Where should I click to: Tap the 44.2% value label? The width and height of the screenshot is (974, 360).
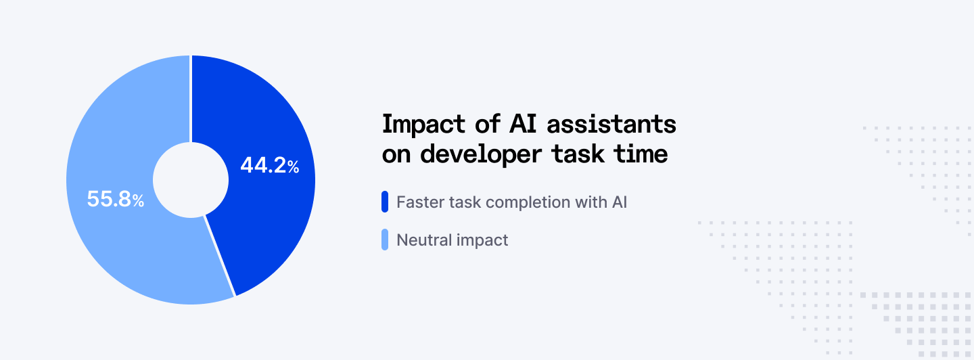[269, 166]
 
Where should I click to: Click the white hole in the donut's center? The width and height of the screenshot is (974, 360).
[191, 180]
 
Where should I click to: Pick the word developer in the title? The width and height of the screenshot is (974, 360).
[482, 154]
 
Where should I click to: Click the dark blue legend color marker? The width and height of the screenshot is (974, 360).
[385, 202]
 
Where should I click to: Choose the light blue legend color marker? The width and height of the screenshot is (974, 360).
[385, 240]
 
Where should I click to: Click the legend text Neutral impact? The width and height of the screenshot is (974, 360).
[452, 240]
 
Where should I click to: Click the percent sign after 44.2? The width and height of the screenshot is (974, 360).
[293, 167]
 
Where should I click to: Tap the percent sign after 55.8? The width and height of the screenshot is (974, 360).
[138, 201]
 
